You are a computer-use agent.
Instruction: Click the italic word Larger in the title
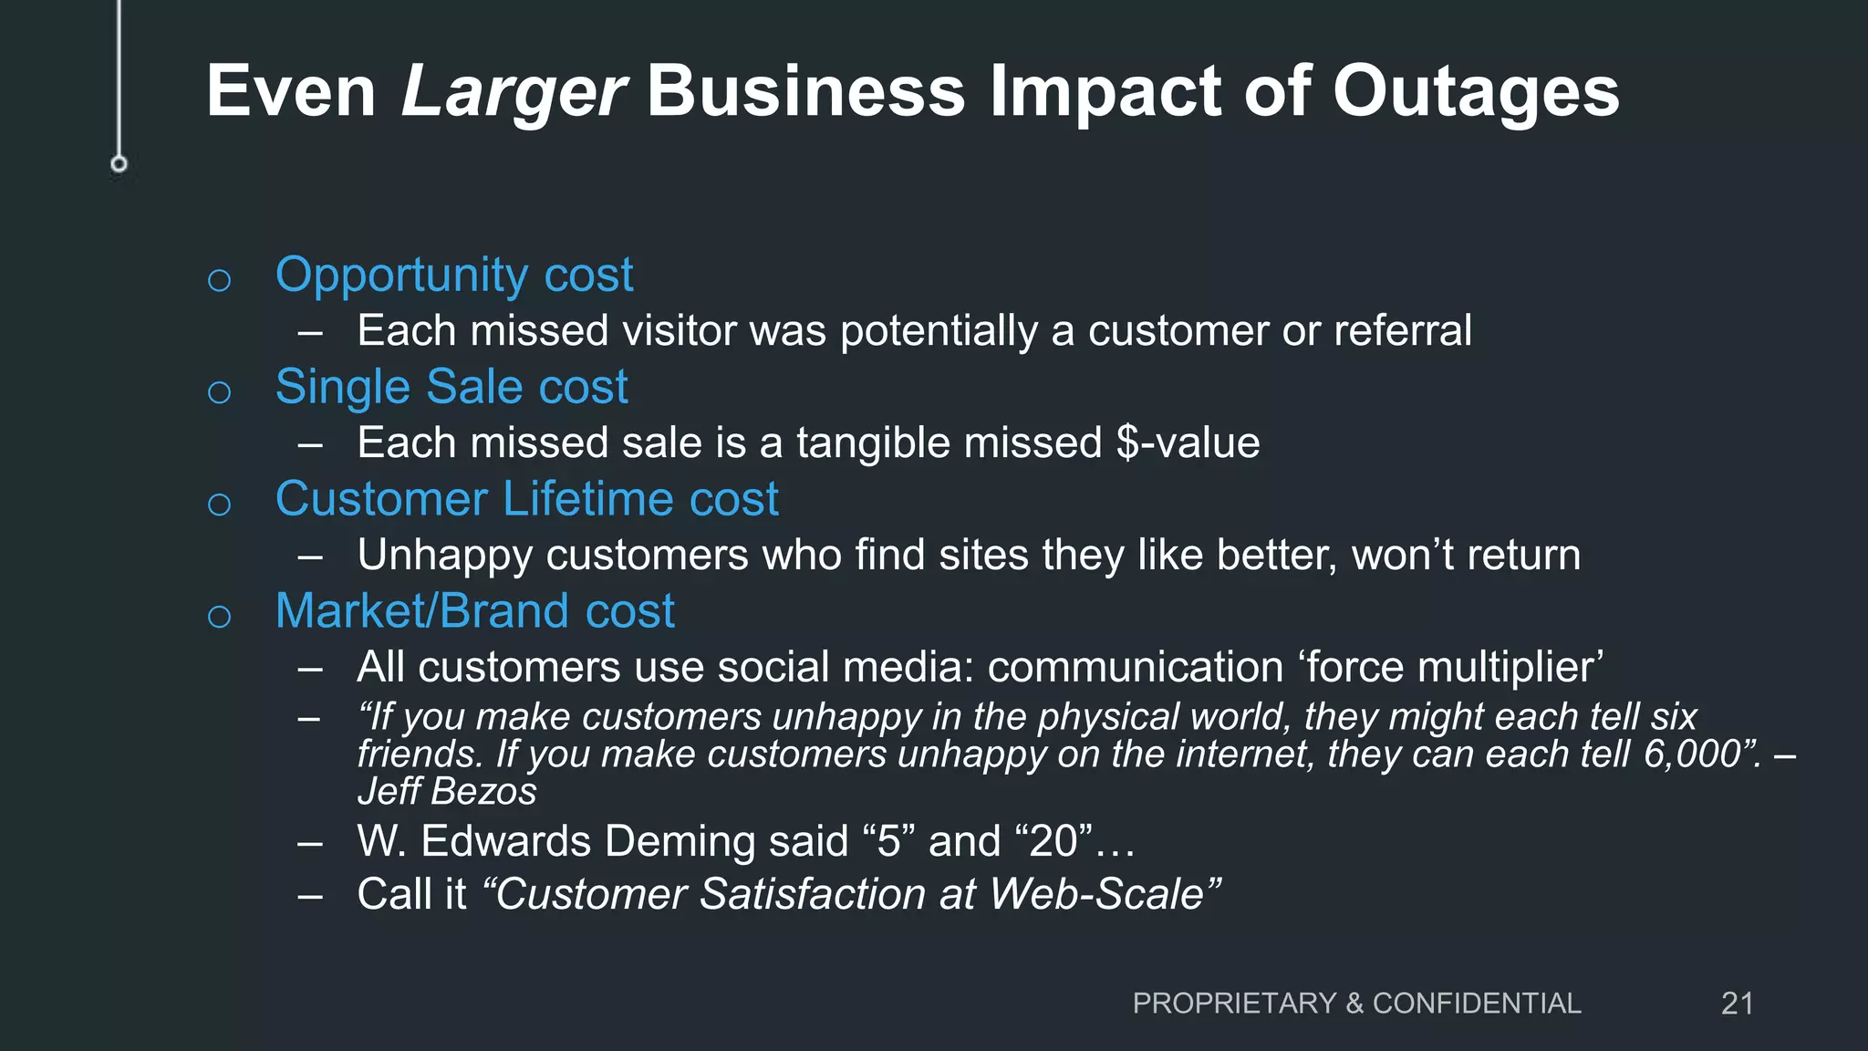[x=513, y=92]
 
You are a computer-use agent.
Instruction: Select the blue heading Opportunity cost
[x=453, y=275]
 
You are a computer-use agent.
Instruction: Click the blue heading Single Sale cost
[x=451, y=387]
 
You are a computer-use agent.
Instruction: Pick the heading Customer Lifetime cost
[x=526, y=499]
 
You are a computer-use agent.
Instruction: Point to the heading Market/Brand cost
[x=474, y=611]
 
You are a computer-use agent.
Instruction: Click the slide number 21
[x=1737, y=1004]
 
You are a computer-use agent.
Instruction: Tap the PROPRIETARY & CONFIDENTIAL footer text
[x=1356, y=1004]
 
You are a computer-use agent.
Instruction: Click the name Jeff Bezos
[x=447, y=792]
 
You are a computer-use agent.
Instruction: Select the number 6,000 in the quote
[x=1693, y=754]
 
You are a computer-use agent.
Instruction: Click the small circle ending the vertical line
[x=119, y=164]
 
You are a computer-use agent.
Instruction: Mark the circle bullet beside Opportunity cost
[x=219, y=280]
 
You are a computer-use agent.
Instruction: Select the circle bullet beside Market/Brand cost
[x=219, y=617]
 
